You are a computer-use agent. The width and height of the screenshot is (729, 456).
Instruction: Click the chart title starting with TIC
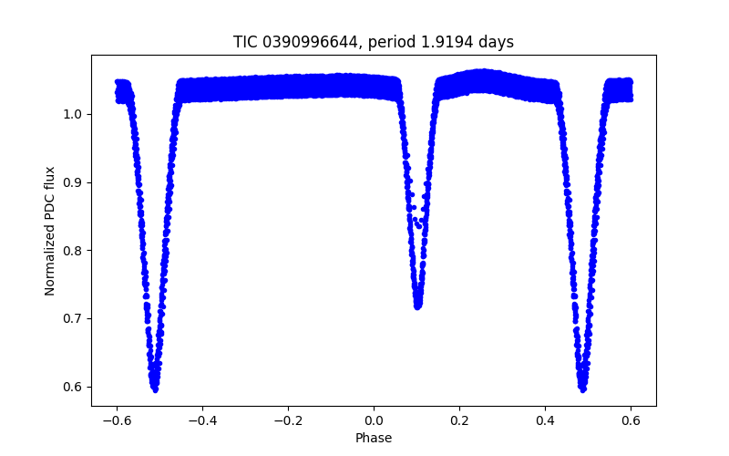click(374, 42)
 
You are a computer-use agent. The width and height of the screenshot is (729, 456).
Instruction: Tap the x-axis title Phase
click(374, 438)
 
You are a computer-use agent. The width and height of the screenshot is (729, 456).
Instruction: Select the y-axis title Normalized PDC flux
click(50, 231)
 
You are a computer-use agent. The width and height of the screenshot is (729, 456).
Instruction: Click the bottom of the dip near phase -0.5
click(155, 389)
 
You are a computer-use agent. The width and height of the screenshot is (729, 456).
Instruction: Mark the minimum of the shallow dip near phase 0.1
click(417, 306)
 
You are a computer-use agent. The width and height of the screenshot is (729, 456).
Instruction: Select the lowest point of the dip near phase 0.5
click(582, 389)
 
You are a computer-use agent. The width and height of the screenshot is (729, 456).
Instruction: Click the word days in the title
click(497, 42)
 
